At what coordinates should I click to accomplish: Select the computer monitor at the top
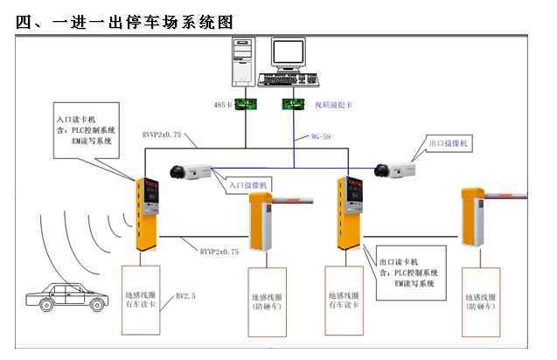(x=289, y=56)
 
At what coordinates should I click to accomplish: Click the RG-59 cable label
(x=322, y=137)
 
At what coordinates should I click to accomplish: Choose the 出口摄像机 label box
(x=448, y=142)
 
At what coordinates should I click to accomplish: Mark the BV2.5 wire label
(x=185, y=296)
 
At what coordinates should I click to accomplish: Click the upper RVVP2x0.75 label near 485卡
(x=162, y=135)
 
